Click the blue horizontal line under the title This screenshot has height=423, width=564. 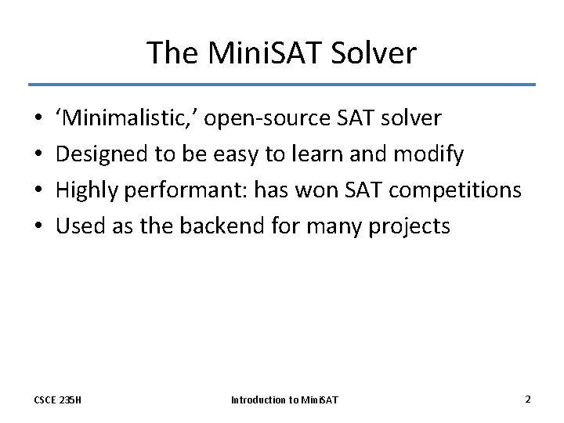[x=282, y=85]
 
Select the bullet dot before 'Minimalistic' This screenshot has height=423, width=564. [x=38, y=119]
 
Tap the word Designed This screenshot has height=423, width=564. [x=103, y=154]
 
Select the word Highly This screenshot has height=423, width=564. [x=90, y=190]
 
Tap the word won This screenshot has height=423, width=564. [x=321, y=190]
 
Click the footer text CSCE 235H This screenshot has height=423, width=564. [x=59, y=400]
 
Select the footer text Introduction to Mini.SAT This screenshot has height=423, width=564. [x=284, y=400]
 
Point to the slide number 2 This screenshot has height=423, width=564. [x=527, y=399]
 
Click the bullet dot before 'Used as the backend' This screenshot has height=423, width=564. [x=38, y=227]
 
